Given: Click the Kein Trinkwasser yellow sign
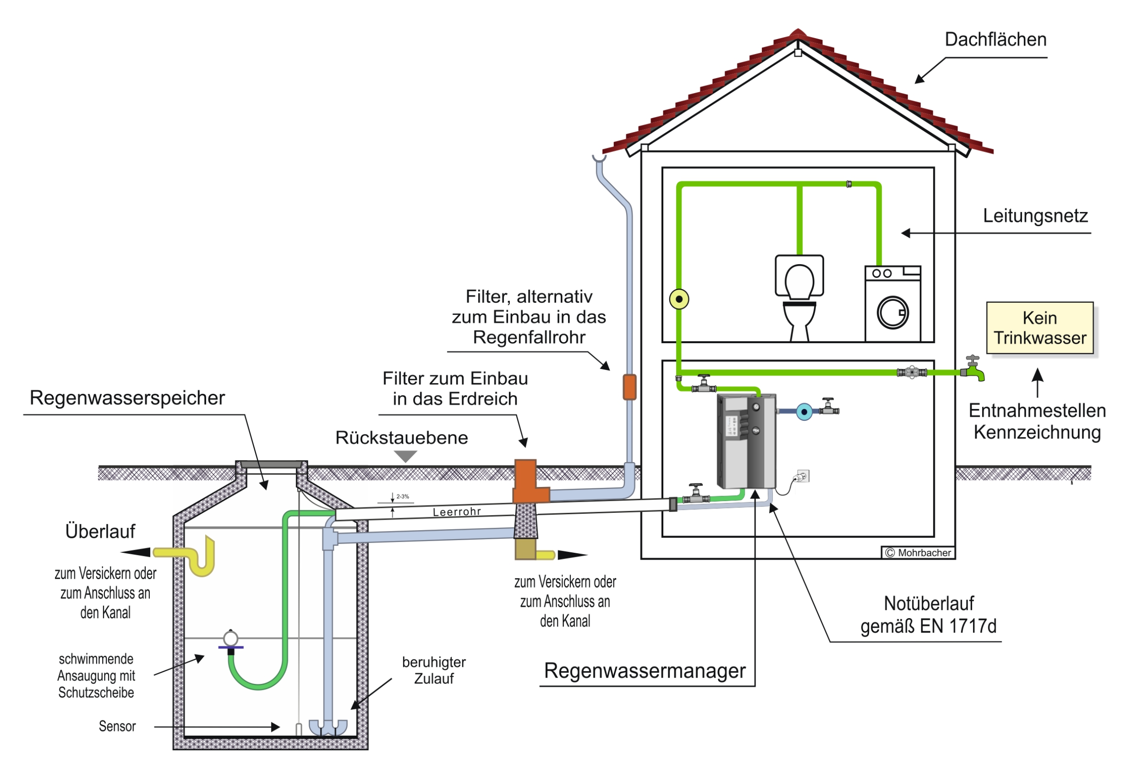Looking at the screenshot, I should [1039, 328].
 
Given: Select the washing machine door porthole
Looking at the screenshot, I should [892, 313].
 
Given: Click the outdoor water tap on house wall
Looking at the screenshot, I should [973, 370].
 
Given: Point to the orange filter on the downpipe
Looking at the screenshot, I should [629, 387].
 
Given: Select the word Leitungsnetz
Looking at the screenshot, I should [1034, 216].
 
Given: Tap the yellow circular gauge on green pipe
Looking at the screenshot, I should [679, 299].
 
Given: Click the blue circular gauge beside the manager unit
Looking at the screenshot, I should [804, 412].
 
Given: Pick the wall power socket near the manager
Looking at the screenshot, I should [803, 476].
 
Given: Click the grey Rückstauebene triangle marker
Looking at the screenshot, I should [405, 456].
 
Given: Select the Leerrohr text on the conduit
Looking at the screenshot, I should [456, 511].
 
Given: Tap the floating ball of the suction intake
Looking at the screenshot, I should [230, 638].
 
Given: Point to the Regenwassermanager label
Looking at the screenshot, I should [644, 671].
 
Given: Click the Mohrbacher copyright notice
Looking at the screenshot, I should [918, 552].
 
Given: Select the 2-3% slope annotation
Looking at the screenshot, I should [402, 497].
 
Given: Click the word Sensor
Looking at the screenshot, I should [118, 726].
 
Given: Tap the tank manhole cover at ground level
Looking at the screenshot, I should [271, 464].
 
